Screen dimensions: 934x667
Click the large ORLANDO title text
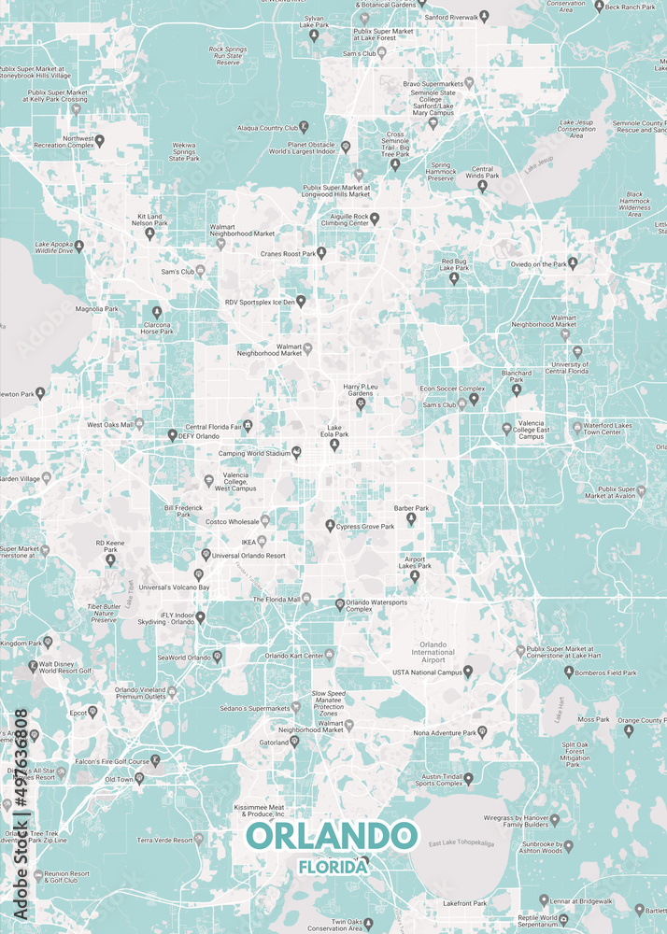(331, 835)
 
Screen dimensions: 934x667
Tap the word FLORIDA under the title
(332, 866)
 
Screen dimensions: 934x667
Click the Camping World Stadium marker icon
(297, 453)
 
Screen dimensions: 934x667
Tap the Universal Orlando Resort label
(248, 556)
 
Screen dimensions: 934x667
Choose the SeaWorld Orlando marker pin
(217, 657)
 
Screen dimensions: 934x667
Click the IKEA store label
(248, 541)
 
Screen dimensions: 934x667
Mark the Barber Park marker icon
(411, 518)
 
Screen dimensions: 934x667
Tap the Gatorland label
(274, 743)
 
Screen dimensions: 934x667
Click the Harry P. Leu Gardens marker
(361, 403)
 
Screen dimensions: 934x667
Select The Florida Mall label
(276, 599)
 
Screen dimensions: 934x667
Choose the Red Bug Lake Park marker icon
(454, 277)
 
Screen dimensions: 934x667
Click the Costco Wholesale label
(232, 521)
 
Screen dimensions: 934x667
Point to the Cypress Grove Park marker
(329, 526)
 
